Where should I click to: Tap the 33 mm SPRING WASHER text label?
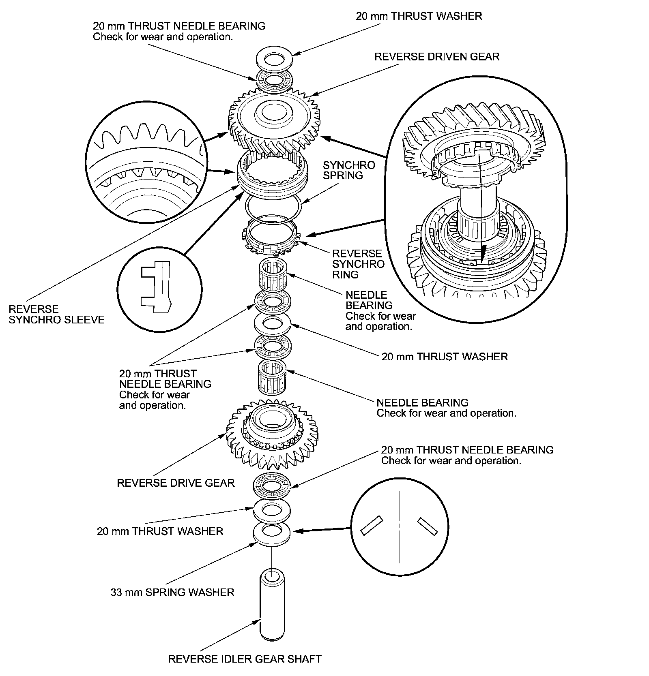172,592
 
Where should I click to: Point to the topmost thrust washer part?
275,58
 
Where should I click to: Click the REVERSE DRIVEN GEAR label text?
436,56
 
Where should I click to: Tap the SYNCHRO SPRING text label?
343,170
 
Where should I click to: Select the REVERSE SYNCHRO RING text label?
358,264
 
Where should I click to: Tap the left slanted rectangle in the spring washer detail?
371,525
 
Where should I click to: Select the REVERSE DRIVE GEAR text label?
176,483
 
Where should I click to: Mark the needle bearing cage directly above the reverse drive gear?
272,377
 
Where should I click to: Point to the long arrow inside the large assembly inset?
481,207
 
